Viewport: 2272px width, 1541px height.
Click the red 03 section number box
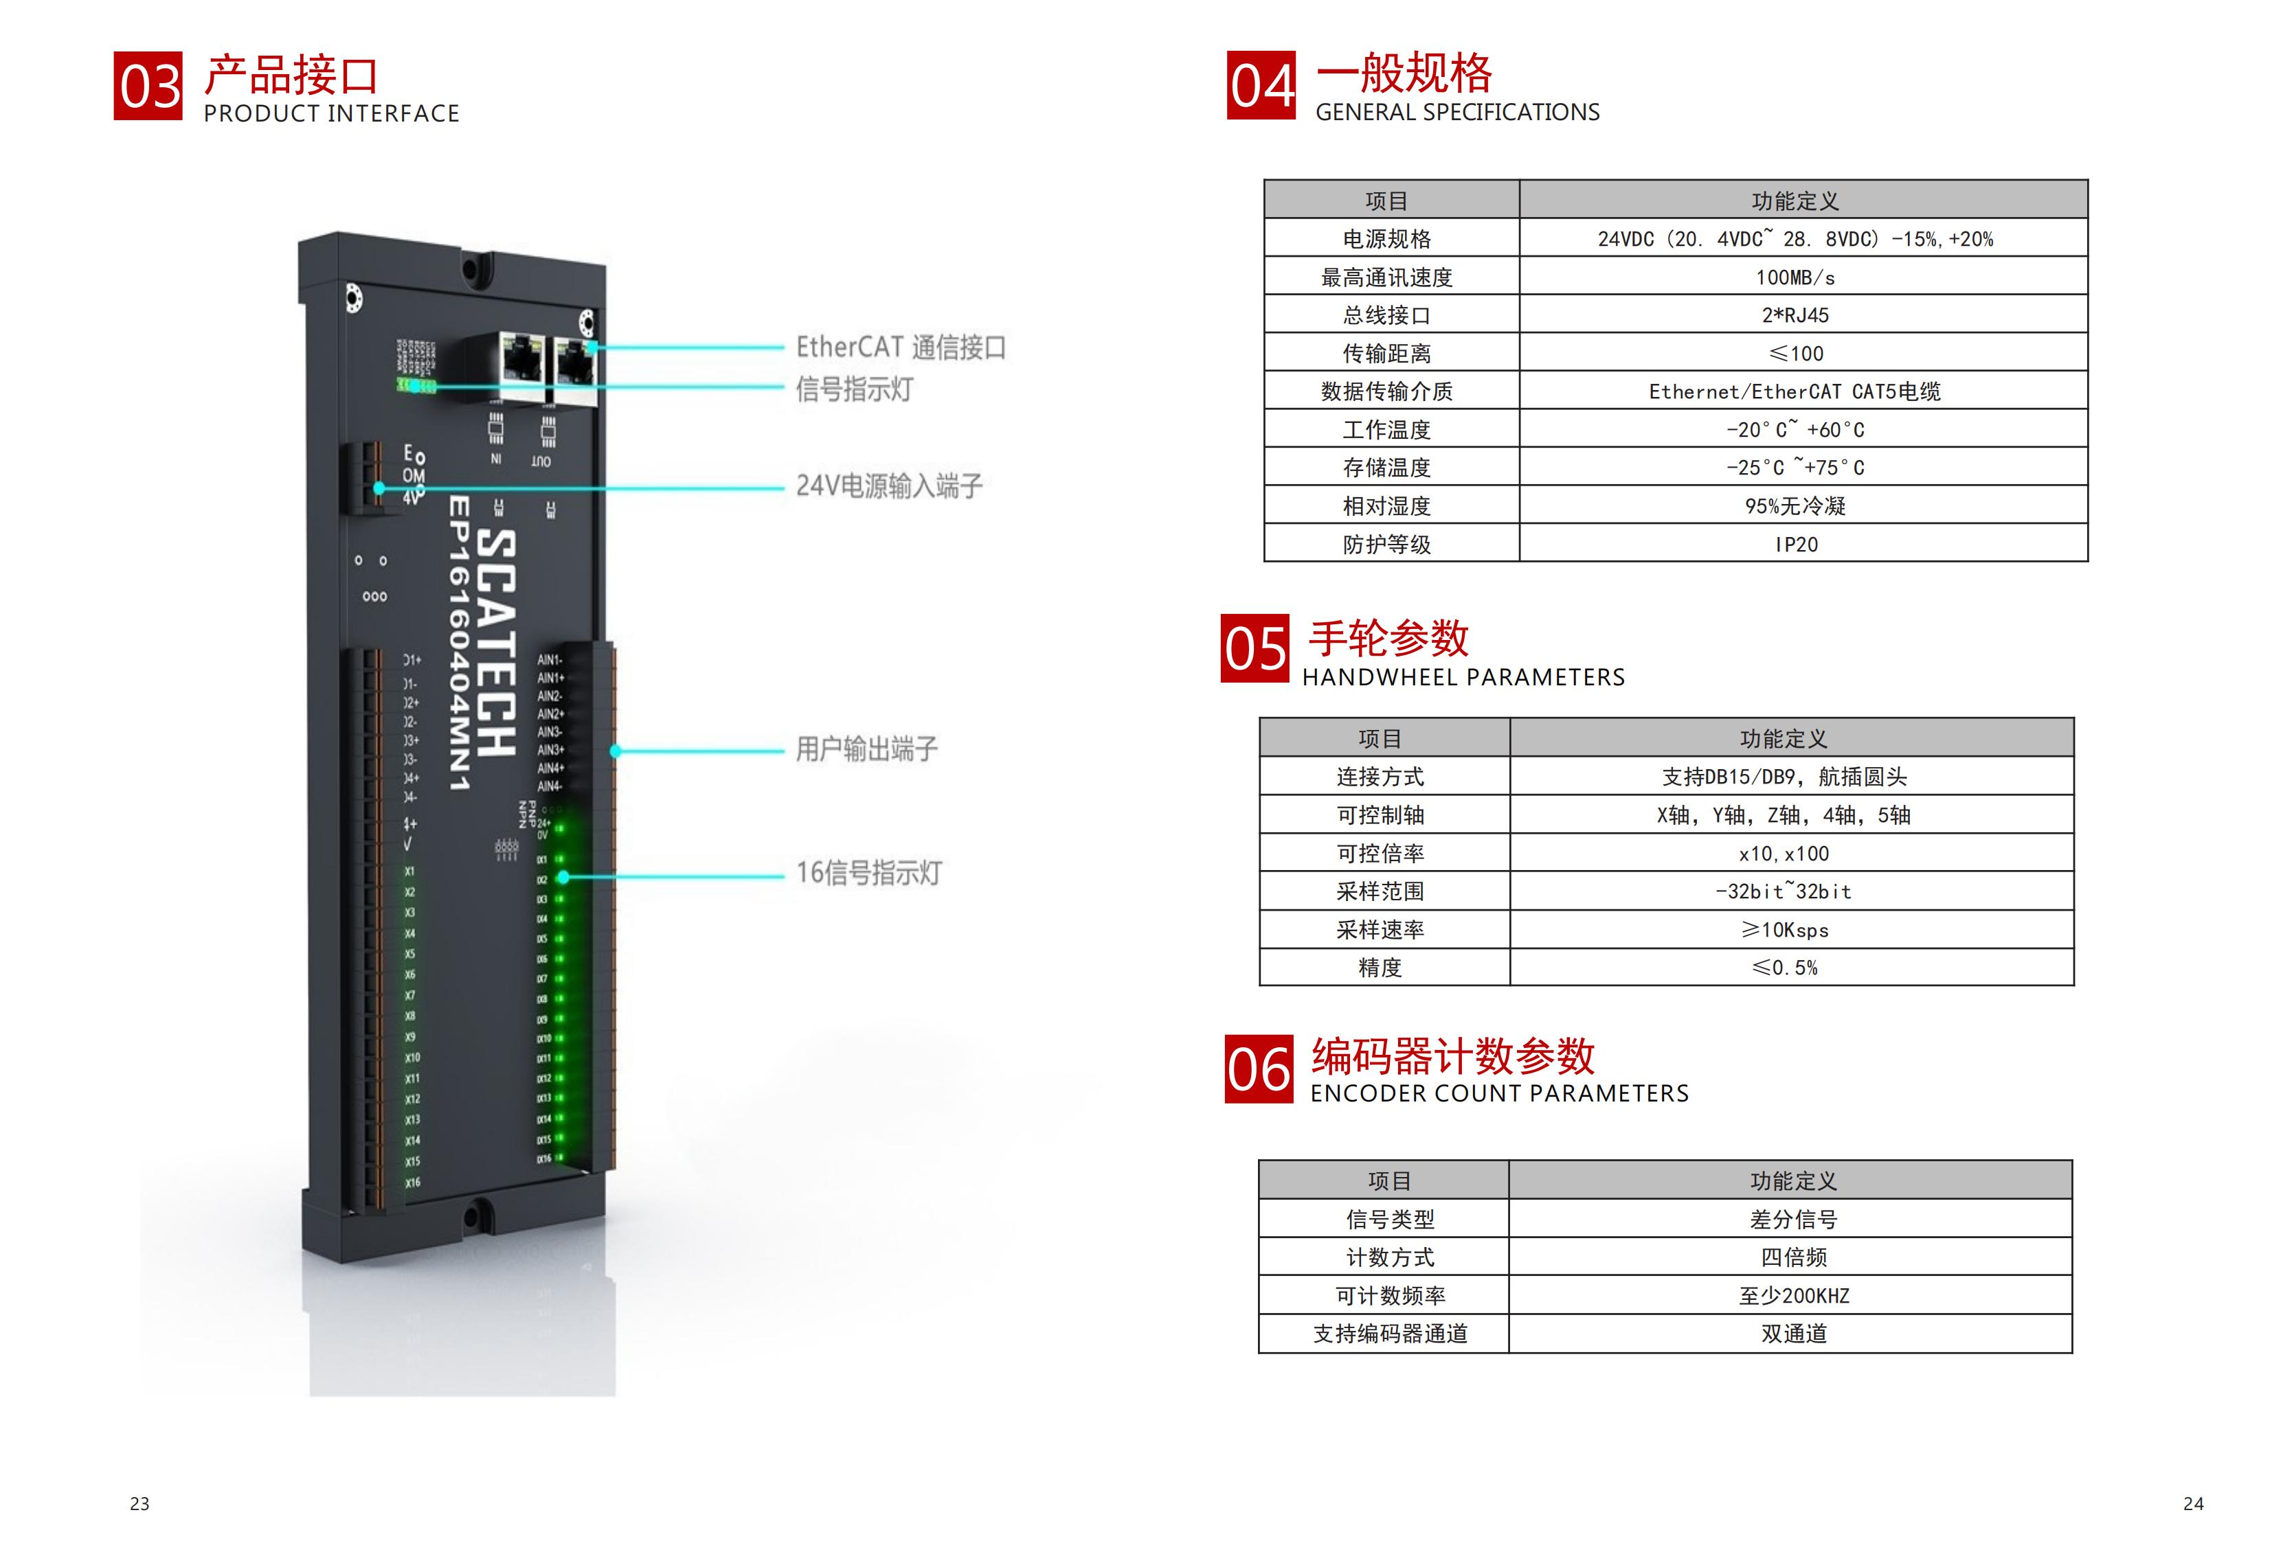point(148,86)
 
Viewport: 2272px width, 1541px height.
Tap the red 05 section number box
point(1255,648)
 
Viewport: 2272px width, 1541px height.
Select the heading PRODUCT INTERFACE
point(331,114)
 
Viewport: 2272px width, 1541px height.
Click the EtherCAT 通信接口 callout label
point(901,347)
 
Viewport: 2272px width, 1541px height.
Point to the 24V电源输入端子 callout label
point(888,486)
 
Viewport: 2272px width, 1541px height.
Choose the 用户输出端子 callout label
point(866,749)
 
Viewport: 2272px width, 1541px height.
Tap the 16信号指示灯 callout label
point(868,873)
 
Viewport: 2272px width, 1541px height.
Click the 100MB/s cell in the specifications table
point(1795,277)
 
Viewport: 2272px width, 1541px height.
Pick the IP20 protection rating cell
point(1796,545)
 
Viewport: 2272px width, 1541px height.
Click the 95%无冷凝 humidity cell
point(1795,506)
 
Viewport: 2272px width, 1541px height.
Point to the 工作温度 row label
point(1386,430)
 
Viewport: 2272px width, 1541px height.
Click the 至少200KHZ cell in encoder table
point(1793,1296)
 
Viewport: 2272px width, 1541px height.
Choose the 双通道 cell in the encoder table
point(1793,1334)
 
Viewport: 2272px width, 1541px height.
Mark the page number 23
point(139,1504)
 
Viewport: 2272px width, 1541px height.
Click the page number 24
point(2193,1504)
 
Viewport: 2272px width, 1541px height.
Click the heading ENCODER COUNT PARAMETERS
point(1498,1093)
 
